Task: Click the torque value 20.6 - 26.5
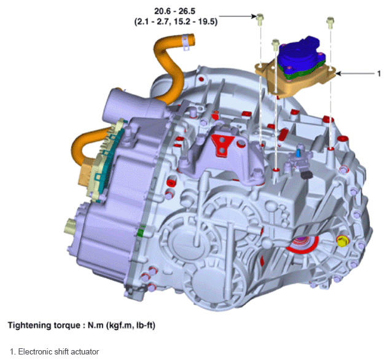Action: coord(174,11)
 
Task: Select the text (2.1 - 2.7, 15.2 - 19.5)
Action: coord(176,22)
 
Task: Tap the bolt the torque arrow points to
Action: coord(260,20)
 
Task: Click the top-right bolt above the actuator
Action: coord(330,23)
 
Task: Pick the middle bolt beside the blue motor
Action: coord(275,45)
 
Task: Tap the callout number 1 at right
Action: coord(379,74)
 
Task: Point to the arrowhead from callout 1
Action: coord(338,74)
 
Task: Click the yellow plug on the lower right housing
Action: coord(342,240)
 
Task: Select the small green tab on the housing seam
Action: coord(140,232)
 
